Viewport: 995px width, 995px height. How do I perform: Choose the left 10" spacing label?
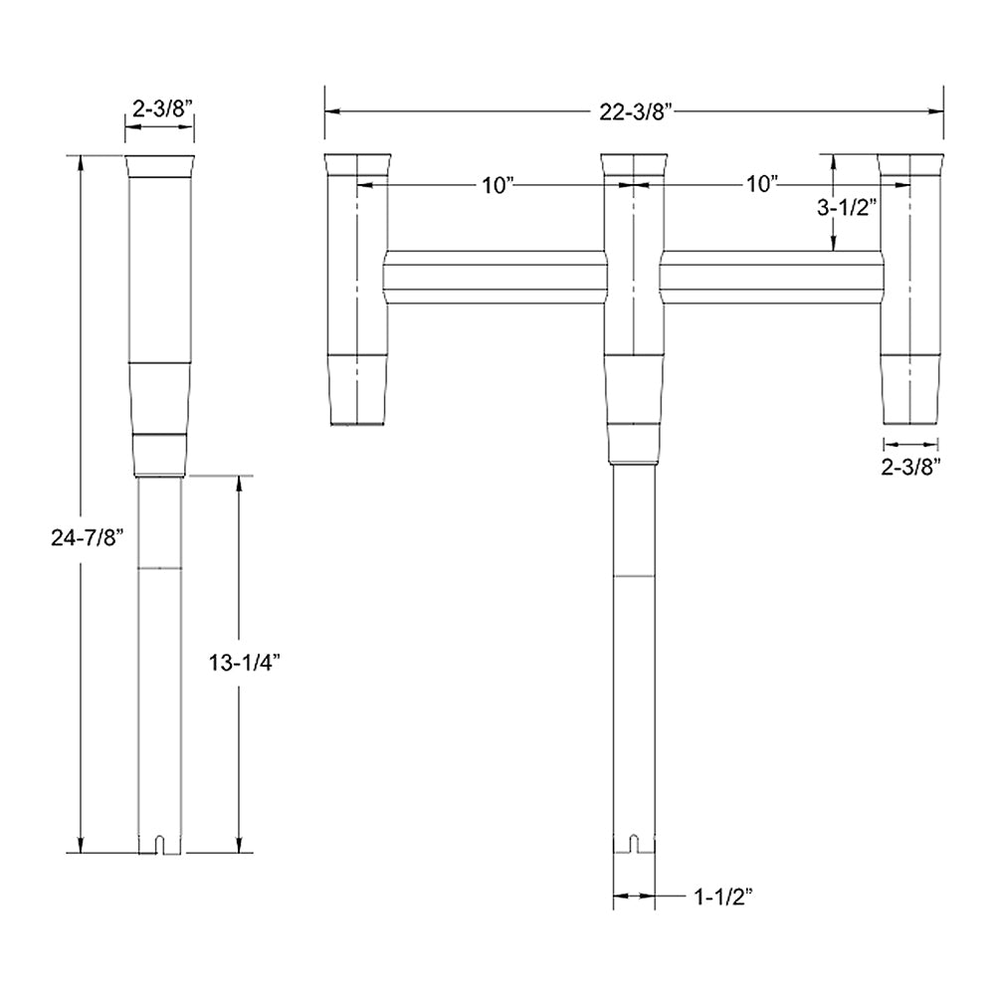(x=494, y=185)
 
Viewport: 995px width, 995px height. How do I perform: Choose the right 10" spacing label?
(x=761, y=185)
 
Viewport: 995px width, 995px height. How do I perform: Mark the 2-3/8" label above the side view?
(x=158, y=110)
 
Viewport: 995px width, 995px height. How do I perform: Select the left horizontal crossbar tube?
(x=495, y=278)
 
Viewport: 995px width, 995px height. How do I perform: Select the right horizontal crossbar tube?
(x=771, y=278)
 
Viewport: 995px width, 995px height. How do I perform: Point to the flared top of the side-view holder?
(x=159, y=165)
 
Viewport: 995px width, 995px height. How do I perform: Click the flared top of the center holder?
(x=634, y=165)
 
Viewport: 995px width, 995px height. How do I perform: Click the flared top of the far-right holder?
(x=910, y=165)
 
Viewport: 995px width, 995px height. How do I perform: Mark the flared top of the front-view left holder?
(x=358, y=165)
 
